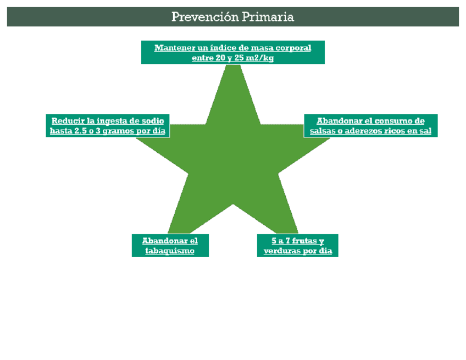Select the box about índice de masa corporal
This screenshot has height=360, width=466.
tap(232, 52)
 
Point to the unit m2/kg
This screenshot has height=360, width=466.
tap(261, 58)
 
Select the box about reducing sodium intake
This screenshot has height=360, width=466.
tap(108, 126)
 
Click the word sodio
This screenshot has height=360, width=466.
tap(152, 121)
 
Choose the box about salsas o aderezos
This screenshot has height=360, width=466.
tap(370, 126)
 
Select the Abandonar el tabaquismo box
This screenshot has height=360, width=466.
tap(170, 246)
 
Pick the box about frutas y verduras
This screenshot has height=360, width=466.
tap(297, 246)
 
